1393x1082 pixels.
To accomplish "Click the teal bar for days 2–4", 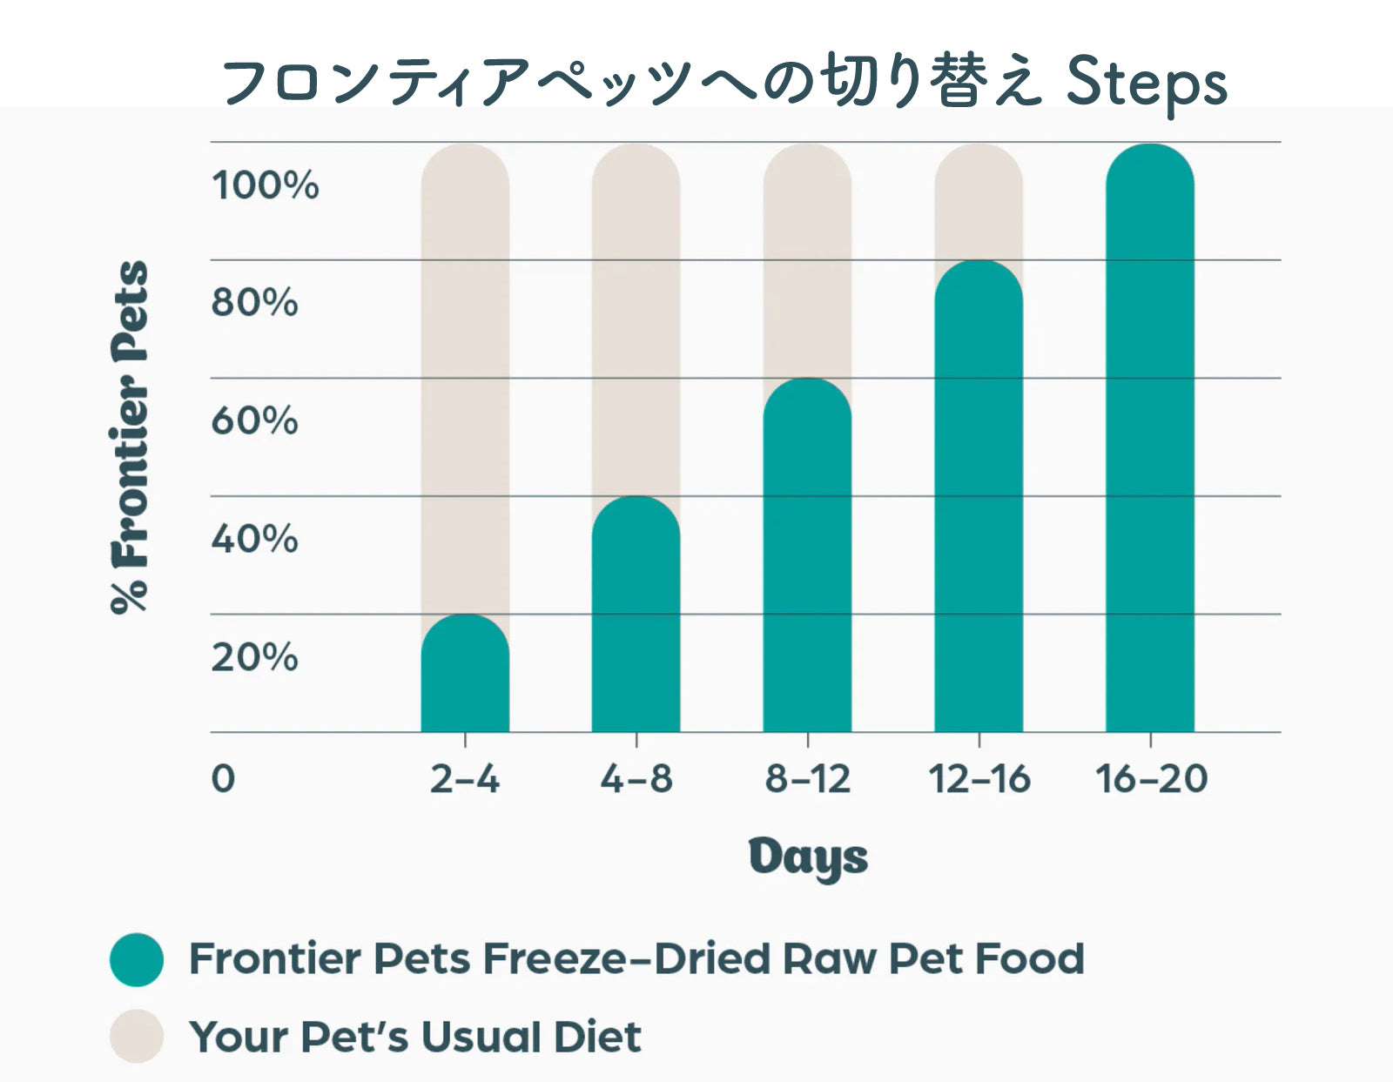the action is click(465, 673).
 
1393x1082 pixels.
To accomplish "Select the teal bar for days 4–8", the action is click(636, 614).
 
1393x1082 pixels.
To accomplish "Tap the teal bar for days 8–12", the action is click(807, 554).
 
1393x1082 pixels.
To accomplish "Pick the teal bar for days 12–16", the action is click(979, 496).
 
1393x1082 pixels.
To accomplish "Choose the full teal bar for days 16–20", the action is click(1150, 438).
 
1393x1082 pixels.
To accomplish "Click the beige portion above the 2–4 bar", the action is click(465, 378).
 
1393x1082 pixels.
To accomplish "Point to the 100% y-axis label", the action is click(265, 185).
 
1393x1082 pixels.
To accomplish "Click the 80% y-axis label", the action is click(254, 302).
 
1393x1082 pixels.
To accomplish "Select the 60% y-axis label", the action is click(254, 421).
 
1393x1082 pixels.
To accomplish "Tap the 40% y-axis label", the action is click(254, 539).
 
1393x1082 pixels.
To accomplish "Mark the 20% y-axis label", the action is click(254, 657).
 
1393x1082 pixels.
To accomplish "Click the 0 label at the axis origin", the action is click(223, 779).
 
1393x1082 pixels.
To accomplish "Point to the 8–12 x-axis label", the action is click(808, 779).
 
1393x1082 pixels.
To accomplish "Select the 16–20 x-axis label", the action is click(1151, 779).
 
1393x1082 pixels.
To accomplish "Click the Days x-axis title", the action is click(808, 859).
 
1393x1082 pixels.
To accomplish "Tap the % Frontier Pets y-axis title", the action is click(130, 437).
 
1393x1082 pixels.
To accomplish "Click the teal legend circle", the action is click(137, 959).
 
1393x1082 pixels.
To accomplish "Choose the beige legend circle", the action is click(137, 1037).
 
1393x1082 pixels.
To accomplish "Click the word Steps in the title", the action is click(1147, 84).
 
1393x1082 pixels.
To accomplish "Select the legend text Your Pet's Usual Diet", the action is click(414, 1037).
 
